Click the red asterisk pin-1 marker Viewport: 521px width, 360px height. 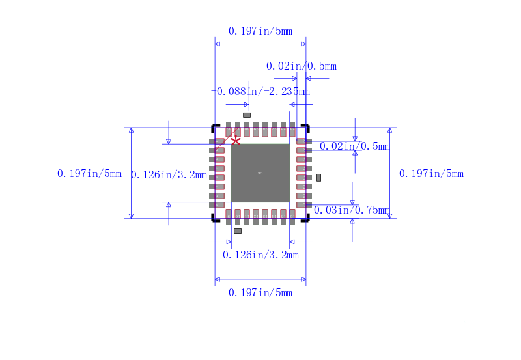click(x=236, y=140)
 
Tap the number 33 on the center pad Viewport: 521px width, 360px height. click(x=260, y=173)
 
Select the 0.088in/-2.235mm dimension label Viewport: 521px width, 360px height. click(x=263, y=92)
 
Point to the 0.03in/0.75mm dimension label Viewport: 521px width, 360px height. click(x=352, y=210)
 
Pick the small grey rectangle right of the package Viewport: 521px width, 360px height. click(x=318, y=177)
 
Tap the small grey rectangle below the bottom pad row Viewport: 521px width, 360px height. click(x=238, y=231)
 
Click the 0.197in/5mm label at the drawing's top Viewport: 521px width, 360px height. click(x=260, y=31)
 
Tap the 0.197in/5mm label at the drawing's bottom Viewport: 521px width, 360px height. click(x=260, y=293)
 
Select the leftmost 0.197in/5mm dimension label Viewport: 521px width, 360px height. click(x=89, y=173)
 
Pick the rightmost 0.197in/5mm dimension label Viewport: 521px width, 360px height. click(x=431, y=173)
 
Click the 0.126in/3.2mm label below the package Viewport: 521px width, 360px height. click(x=260, y=255)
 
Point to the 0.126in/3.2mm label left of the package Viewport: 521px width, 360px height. click(x=169, y=174)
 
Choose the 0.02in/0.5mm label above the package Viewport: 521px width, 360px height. click(x=301, y=66)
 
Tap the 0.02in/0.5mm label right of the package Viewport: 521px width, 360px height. click(x=352, y=146)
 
